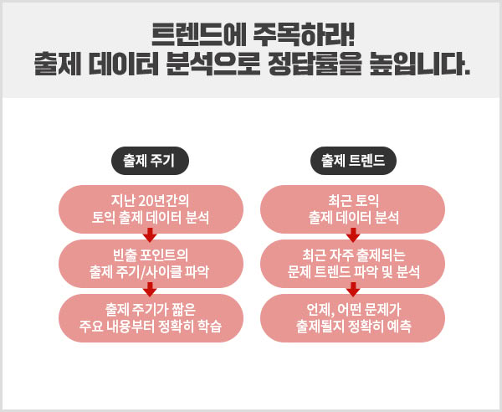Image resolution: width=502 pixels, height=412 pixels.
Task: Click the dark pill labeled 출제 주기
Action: click(x=150, y=161)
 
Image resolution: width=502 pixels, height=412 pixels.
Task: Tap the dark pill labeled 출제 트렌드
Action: click(x=353, y=161)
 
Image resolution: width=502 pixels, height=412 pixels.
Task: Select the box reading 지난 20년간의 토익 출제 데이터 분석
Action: click(x=151, y=209)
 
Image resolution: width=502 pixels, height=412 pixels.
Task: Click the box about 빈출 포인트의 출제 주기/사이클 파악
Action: click(x=151, y=264)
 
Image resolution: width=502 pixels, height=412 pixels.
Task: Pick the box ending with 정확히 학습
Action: click(x=151, y=318)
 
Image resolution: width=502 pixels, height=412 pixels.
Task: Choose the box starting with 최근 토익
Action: click(x=352, y=209)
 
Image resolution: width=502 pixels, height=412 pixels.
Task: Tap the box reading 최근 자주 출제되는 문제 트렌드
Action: click(x=352, y=264)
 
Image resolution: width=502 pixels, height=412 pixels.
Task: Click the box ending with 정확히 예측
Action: click(x=352, y=318)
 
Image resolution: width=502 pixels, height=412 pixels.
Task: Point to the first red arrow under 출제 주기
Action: click(x=150, y=235)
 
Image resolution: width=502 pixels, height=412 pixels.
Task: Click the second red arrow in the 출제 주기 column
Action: click(x=150, y=290)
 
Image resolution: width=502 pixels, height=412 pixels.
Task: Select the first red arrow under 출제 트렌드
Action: click(x=353, y=235)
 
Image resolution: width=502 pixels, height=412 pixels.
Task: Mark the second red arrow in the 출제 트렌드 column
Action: click(x=353, y=290)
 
